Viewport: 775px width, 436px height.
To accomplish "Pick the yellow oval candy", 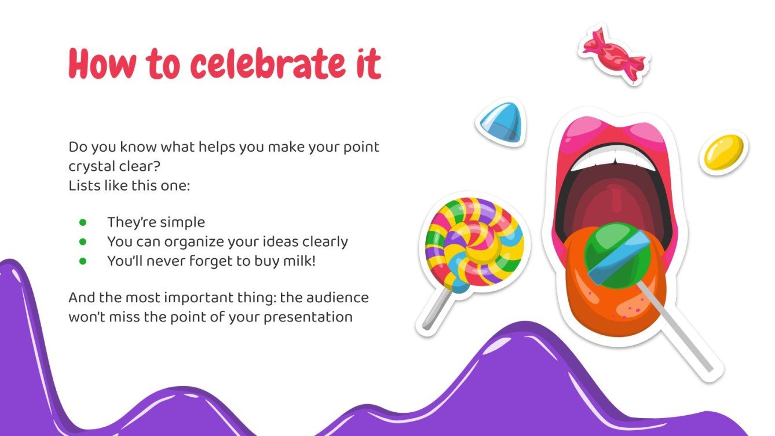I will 723,152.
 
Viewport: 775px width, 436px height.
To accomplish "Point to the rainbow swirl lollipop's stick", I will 437,307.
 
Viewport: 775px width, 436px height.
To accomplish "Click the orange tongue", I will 608,301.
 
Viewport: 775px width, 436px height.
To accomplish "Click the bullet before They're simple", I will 83,222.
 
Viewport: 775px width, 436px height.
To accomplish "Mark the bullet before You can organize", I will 83,241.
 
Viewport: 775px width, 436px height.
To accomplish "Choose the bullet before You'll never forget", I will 83,261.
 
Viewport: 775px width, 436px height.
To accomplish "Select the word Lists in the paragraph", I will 83,186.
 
